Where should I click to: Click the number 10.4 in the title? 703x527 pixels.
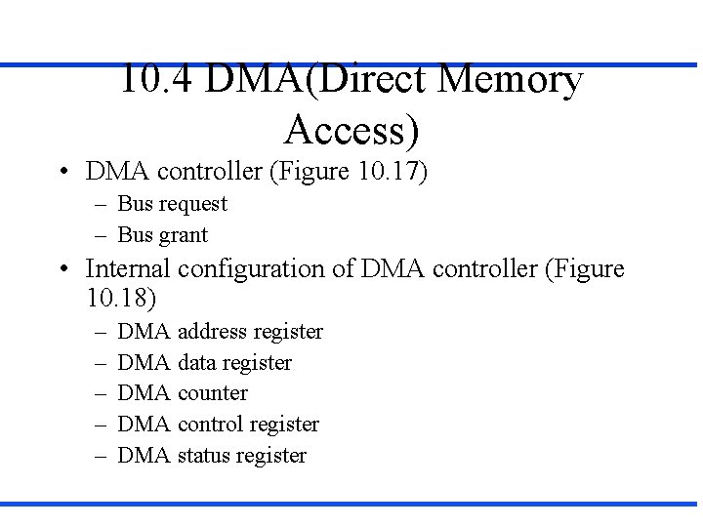156,80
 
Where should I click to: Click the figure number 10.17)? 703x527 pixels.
393,172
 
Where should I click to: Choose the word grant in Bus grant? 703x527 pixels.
183,235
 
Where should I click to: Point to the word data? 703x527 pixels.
197,363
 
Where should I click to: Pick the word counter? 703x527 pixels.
213,393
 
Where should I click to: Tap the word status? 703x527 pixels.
204,456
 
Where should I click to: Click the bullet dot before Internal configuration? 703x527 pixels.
62,269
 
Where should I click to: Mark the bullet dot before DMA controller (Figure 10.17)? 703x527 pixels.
62,173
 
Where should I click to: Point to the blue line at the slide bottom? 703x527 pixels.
351,504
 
